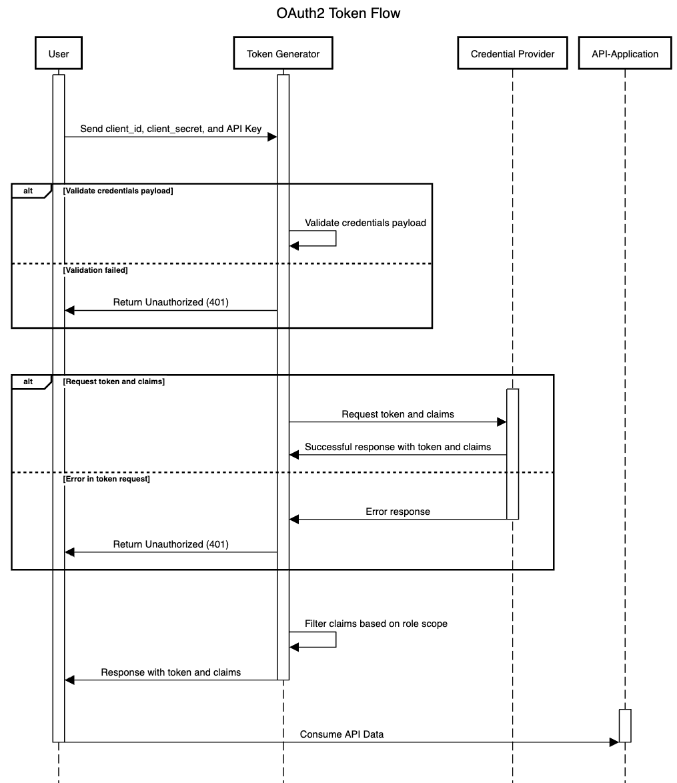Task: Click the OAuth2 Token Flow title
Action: pyautogui.click(x=338, y=13)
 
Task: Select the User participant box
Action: pyautogui.click(x=59, y=54)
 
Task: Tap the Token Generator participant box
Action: pyautogui.click(x=283, y=54)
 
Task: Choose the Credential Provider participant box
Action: pyautogui.click(x=512, y=54)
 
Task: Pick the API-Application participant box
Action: pyautogui.click(x=625, y=54)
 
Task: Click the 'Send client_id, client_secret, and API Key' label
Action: pyautogui.click(x=171, y=129)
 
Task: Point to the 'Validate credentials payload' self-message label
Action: pyautogui.click(x=365, y=223)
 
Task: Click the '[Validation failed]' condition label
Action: pyautogui.click(x=95, y=271)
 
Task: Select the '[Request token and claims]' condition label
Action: pyautogui.click(x=114, y=381)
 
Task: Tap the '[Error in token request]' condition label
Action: pyautogui.click(x=107, y=479)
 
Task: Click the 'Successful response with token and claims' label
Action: pyautogui.click(x=398, y=447)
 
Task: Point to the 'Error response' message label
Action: pyautogui.click(x=398, y=512)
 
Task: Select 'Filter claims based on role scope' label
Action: pyautogui.click(x=376, y=624)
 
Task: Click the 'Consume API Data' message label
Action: pyautogui.click(x=342, y=734)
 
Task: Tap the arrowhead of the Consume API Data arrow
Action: pyautogui.click(x=614, y=742)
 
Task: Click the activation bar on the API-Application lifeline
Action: pyautogui.click(x=625, y=726)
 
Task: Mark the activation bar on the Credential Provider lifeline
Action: pyautogui.click(x=512, y=454)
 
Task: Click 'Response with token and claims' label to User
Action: pyautogui.click(x=171, y=672)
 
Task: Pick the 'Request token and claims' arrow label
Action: pyautogui.click(x=398, y=414)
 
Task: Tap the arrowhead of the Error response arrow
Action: pyautogui.click(x=294, y=520)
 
